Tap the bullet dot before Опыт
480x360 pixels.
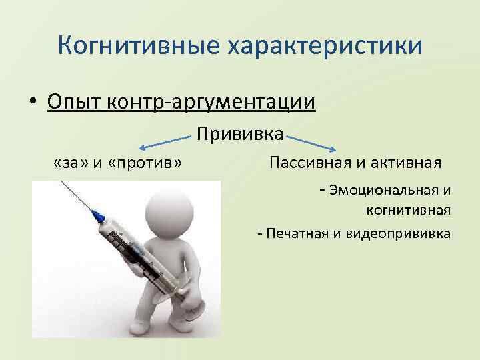click(x=32, y=103)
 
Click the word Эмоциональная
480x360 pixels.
click(x=385, y=191)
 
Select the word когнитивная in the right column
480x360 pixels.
click(x=408, y=211)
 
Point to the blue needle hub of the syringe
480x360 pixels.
click(x=97, y=216)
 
